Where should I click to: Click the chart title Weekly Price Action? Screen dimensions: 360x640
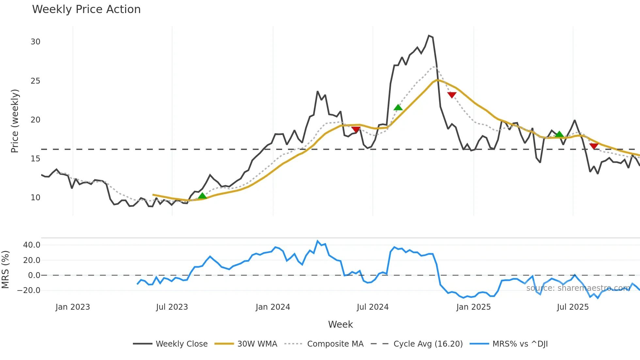[86, 9]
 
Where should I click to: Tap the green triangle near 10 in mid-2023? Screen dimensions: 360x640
[202, 196]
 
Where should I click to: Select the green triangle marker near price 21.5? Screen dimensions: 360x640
[398, 107]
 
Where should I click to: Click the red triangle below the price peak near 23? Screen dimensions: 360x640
[452, 95]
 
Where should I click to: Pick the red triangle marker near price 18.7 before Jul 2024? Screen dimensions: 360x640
[356, 129]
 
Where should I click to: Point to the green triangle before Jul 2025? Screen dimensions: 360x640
[559, 134]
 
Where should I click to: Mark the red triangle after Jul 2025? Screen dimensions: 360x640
[594, 146]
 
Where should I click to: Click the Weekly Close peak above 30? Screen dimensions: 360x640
[429, 36]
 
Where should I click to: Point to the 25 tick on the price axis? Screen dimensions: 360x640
[35, 81]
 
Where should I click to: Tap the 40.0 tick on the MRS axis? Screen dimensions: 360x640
[32, 245]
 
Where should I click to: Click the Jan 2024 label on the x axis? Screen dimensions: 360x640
[273, 307]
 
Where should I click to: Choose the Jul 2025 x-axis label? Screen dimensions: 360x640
[573, 307]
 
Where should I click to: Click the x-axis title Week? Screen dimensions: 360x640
[340, 324]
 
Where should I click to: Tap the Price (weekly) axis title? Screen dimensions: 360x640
[15, 121]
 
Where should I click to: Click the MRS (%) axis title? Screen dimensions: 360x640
[5, 270]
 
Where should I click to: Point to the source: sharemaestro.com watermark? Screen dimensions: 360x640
[578, 288]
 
